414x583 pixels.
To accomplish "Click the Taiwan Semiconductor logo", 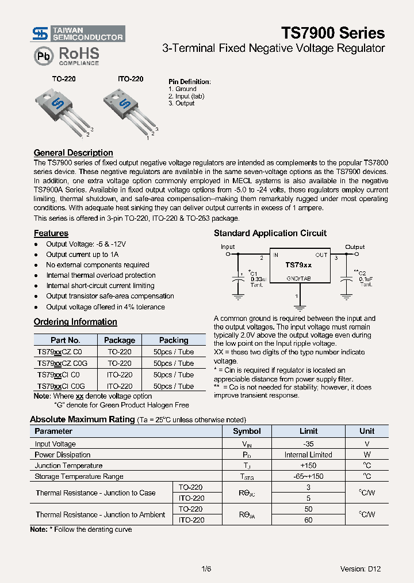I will coord(78,33).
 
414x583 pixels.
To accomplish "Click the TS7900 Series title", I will coord(333,32).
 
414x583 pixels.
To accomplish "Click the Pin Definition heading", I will coord(189,82).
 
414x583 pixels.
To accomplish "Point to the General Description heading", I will coord(73,153).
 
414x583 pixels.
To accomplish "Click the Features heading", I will coord(51,233).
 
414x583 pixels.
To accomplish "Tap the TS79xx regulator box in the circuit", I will coord(299,265).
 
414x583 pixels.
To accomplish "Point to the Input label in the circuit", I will coord(228,247).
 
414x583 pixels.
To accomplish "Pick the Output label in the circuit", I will coord(355,247).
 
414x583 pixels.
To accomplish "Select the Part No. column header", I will coord(65,340).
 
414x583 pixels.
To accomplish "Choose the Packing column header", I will coord(174,340).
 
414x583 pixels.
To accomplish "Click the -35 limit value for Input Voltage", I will coord(308,444).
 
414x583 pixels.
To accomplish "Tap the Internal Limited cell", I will coord(308,455).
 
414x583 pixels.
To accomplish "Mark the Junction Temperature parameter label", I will coord(68,465).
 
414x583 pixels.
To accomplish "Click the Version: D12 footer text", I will coord(360,569).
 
